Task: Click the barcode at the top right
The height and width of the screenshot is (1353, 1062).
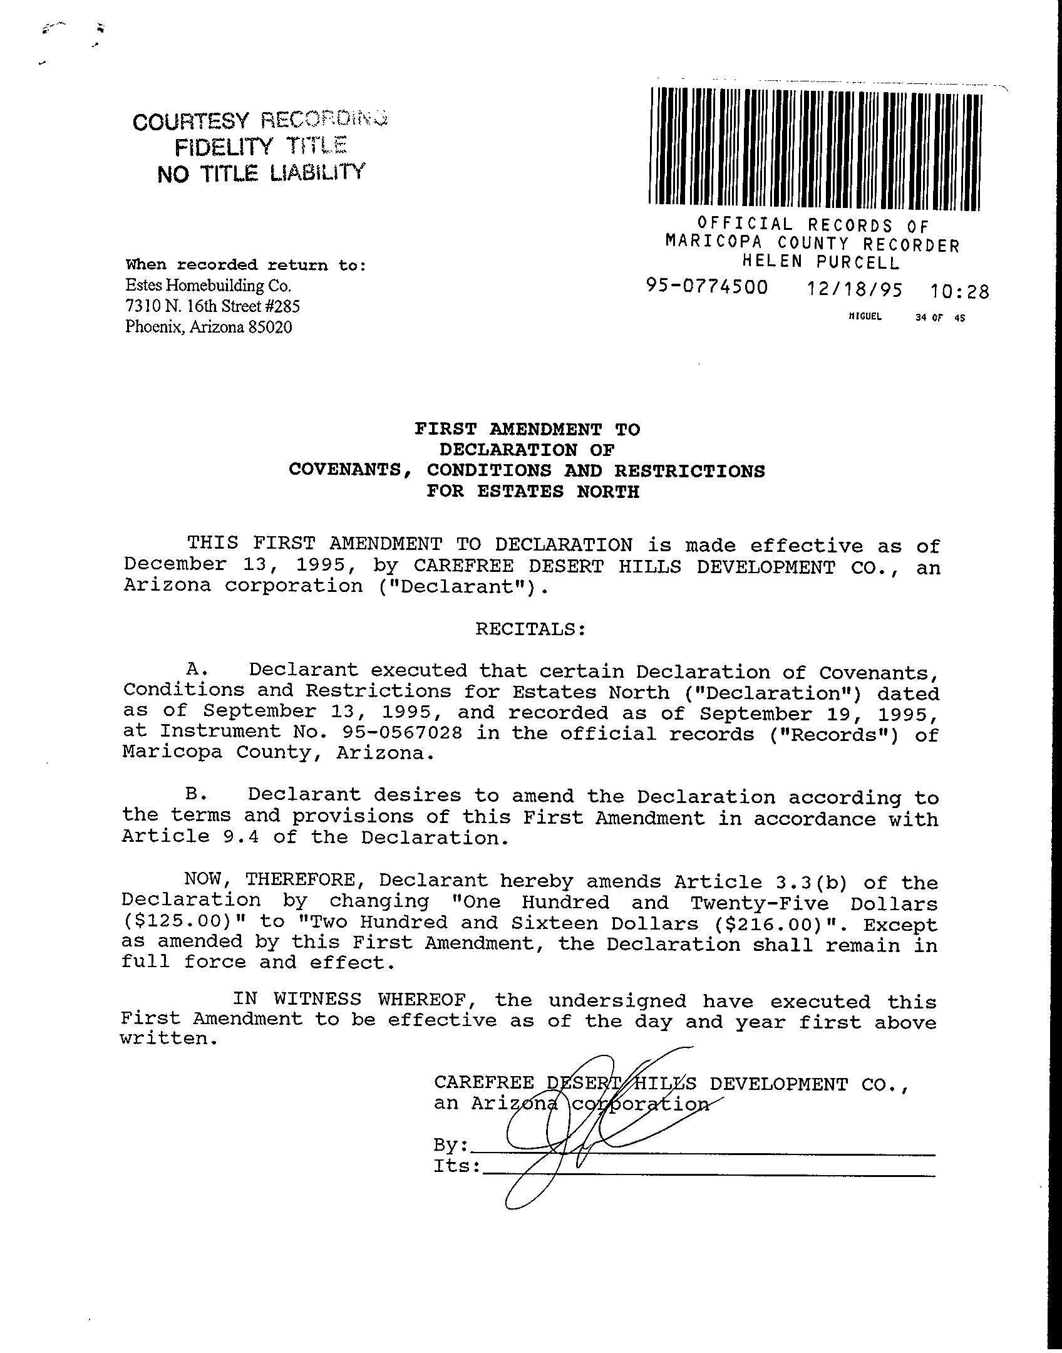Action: point(815,148)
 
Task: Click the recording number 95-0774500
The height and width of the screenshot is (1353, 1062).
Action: point(707,288)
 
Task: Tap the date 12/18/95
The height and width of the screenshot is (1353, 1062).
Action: point(855,290)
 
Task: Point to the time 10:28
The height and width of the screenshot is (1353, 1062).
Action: point(959,291)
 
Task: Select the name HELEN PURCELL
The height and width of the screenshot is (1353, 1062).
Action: point(820,262)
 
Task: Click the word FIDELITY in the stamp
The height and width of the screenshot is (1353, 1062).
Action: point(223,147)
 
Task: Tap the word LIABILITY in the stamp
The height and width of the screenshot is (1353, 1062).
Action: point(316,172)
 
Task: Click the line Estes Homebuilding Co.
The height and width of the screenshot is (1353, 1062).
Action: point(209,286)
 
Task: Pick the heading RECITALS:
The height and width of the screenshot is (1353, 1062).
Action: point(530,628)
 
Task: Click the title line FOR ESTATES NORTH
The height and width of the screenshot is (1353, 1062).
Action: point(533,491)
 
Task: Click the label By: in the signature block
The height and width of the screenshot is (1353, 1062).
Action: point(450,1145)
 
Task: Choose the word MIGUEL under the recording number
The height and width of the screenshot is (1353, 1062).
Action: point(865,317)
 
